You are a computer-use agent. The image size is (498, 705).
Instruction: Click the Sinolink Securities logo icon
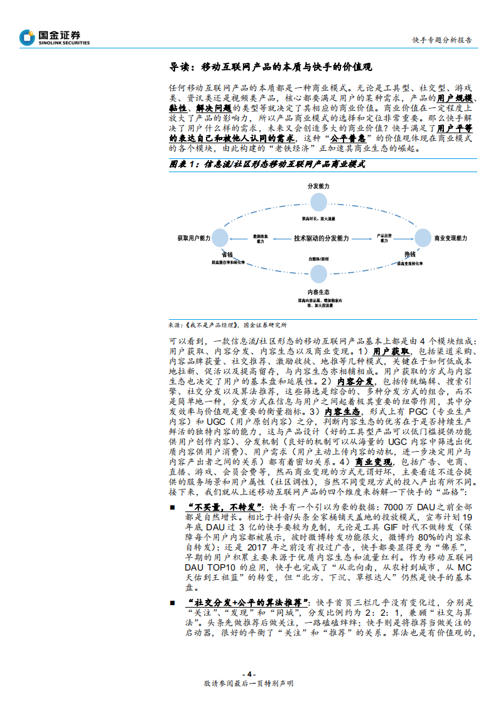pyautogui.click(x=27, y=38)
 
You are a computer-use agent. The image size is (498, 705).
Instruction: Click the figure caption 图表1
pyautogui.click(x=268, y=164)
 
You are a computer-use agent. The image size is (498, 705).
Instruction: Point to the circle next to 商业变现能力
pyautogui.click(x=421, y=238)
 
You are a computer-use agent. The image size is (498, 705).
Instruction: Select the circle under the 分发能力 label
pyautogui.click(x=319, y=202)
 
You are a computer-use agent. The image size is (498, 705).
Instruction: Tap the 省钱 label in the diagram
pyautogui.click(x=227, y=253)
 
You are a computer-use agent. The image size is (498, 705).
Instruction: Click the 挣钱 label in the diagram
pyautogui.click(x=409, y=253)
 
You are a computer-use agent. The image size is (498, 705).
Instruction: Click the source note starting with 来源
pyautogui.click(x=227, y=325)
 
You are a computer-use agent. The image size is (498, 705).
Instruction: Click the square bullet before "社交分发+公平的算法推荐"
pyautogui.click(x=173, y=603)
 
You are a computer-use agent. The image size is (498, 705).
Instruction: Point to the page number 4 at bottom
pyautogui.click(x=249, y=674)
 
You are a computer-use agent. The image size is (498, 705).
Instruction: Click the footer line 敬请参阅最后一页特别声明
pyautogui.click(x=249, y=684)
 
